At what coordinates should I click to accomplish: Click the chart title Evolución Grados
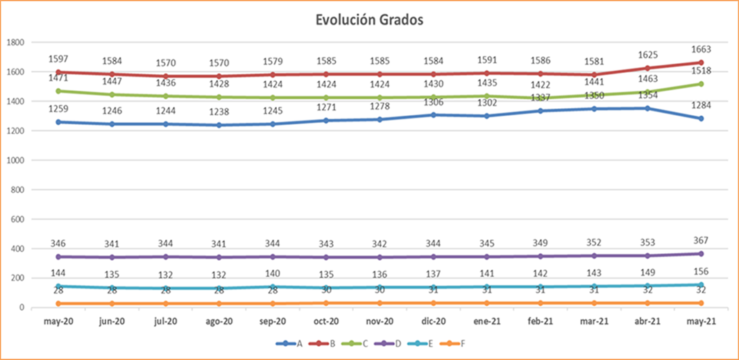point(368,20)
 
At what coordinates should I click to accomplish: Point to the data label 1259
point(60,109)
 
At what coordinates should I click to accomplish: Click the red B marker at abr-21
point(647,68)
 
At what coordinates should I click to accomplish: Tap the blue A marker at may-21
point(701,119)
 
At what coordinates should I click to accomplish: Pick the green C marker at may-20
point(60,91)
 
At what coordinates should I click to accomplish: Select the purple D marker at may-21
point(701,254)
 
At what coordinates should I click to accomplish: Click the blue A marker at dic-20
point(433,115)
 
